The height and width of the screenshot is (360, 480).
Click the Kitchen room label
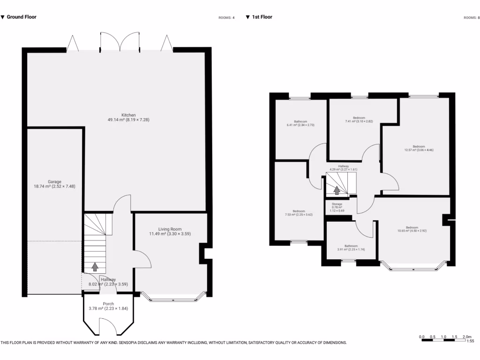(128, 115)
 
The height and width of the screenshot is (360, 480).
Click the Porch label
(108, 304)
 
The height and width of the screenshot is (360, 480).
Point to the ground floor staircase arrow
(95, 267)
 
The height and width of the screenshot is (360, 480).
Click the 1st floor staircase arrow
(337, 190)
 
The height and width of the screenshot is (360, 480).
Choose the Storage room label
(337, 204)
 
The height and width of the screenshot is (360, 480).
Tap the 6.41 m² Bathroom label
(300, 120)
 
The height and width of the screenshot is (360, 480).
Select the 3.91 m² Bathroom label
(351, 246)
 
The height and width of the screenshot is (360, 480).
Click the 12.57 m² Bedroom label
(419, 146)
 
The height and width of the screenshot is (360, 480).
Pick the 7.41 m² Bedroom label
(359, 118)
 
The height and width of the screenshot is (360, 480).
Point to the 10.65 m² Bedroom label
(412, 228)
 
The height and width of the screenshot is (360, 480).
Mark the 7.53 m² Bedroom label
(299, 211)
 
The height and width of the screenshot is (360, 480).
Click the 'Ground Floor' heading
(22, 17)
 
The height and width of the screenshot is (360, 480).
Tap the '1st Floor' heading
(262, 17)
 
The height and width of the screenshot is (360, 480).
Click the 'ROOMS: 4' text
(226, 18)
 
